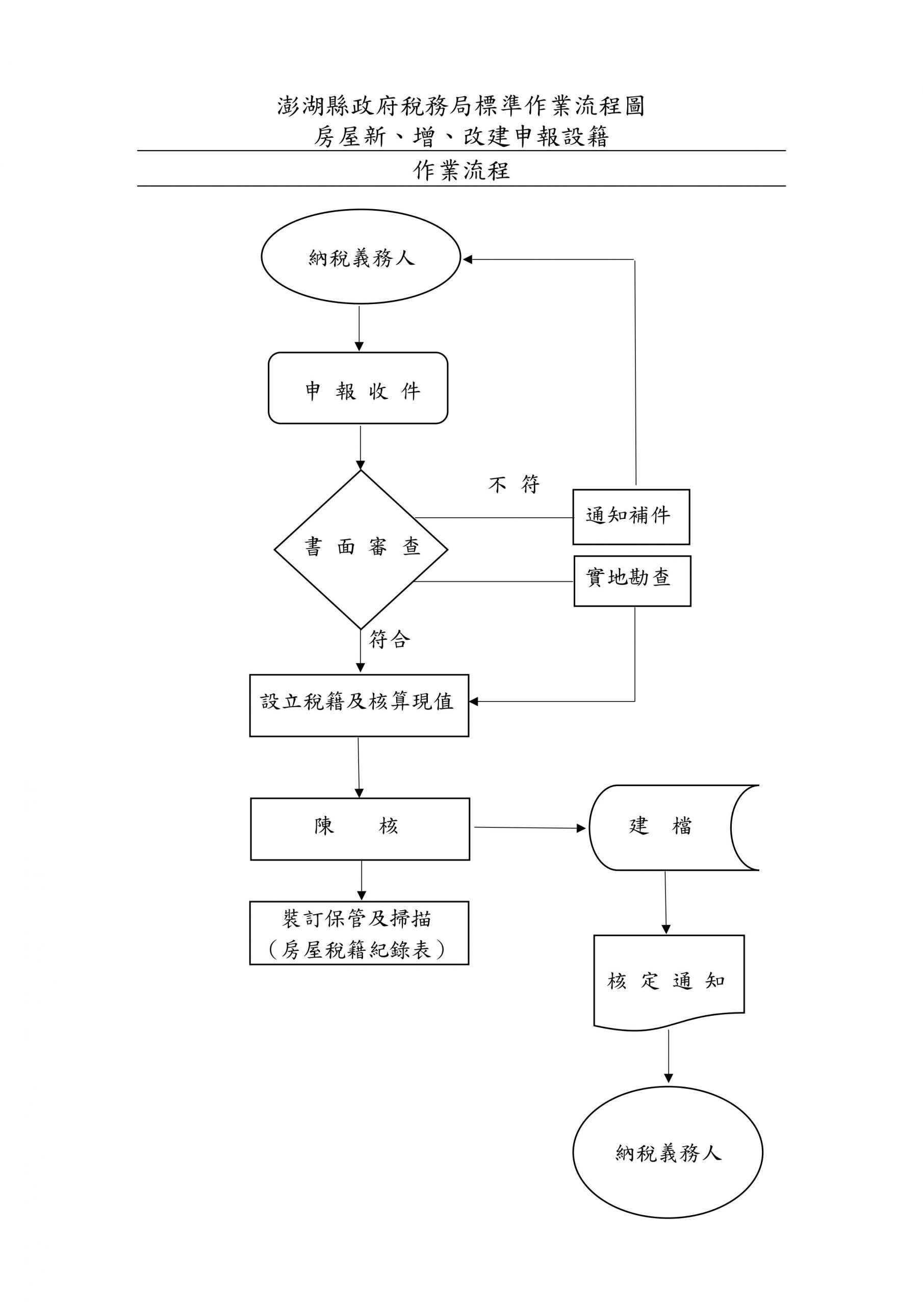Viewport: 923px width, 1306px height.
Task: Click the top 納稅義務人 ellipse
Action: (x=361, y=257)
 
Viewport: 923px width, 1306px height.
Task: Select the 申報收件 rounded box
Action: (x=357, y=388)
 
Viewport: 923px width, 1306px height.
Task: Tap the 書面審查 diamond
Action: (x=361, y=549)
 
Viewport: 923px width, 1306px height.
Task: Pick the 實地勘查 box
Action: (x=632, y=581)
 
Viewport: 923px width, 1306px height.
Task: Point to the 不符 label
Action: (x=514, y=484)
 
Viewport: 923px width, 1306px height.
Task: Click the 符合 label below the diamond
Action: (x=390, y=640)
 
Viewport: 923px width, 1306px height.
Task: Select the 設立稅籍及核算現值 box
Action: (x=359, y=706)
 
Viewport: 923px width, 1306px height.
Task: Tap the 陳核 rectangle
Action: (x=360, y=829)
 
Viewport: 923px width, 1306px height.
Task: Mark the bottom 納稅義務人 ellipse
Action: (x=668, y=1152)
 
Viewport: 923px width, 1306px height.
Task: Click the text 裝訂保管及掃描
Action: (x=356, y=919)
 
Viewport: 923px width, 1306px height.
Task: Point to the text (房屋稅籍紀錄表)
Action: (x=356, y=949)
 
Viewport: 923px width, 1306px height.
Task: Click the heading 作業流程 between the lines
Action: (x=461, y=170)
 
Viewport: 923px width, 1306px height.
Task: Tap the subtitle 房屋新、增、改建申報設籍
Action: (x=461, y=137)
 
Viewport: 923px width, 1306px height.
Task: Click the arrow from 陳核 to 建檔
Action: (x=529, y=827)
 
